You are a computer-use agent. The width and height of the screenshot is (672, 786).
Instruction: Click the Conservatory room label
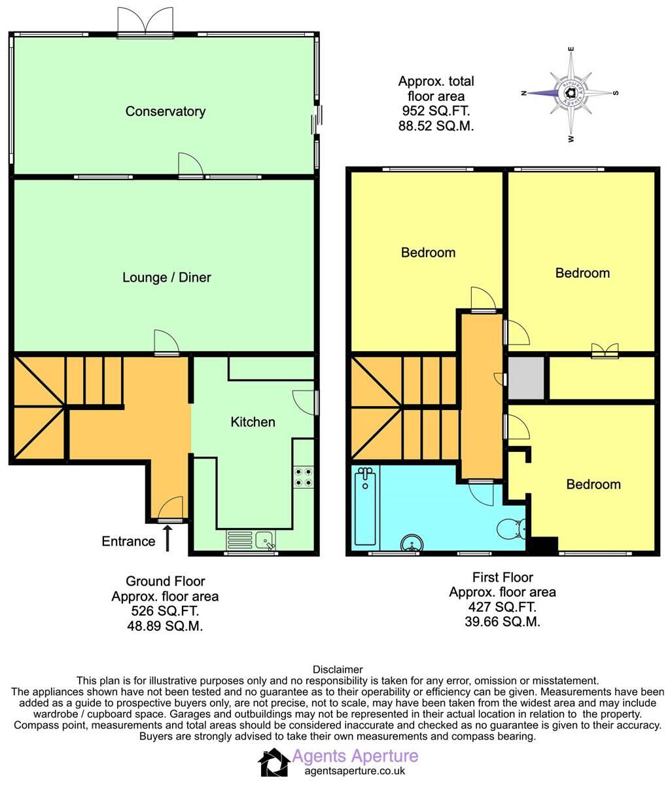click(x=165, y=111)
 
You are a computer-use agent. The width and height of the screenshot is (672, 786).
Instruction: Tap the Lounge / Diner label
click(x=167, y=278)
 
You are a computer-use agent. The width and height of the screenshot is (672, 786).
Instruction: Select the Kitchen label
click(x=253, y=422)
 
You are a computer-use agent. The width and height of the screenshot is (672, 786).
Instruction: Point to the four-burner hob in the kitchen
click(x=303, y=476)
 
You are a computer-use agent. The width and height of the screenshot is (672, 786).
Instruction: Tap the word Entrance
click(x=128, y=541)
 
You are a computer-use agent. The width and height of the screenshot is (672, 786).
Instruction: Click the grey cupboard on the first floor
click(x=527, y=378)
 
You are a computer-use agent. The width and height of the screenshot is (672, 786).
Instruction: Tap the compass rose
click(x=571, y=94)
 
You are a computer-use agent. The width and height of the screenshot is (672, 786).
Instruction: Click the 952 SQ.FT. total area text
click(x=436, y=111)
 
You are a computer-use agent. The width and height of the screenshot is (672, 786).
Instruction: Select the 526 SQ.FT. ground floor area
click(x=165, y=611)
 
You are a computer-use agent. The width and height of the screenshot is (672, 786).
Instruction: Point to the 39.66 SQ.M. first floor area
click(x=502, y=622)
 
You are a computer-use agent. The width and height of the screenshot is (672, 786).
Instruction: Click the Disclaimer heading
click(x=338, y=669)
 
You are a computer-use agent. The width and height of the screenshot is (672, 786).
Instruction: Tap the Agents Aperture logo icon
click(x=273, y=762)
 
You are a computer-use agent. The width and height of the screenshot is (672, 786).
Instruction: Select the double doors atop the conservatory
click(x=145, y=22)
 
